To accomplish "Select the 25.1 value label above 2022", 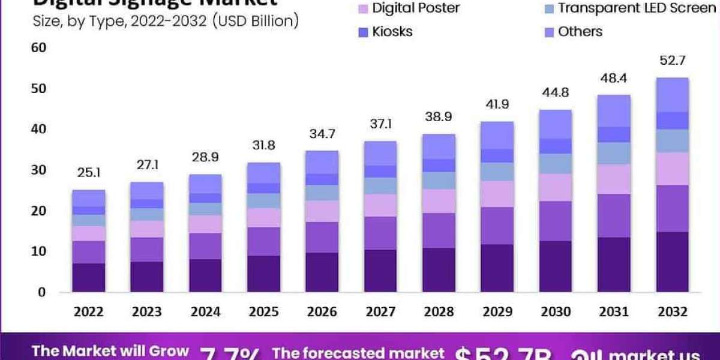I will pos(89,173).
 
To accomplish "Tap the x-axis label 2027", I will pos(380,312).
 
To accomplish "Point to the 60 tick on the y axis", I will pos(37,47).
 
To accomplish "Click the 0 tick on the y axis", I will pos(41,292).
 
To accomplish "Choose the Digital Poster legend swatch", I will pos(362,8).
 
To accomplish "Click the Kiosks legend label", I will pos(392,31).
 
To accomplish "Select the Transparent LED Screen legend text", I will pos(637,8).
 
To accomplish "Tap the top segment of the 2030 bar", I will pos(554,124).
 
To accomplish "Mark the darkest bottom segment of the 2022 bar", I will pos(89,277).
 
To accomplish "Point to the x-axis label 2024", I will pos(205,312).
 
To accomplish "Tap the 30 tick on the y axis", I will pos(37,170).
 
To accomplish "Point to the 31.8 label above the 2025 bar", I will pos(263,146).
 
